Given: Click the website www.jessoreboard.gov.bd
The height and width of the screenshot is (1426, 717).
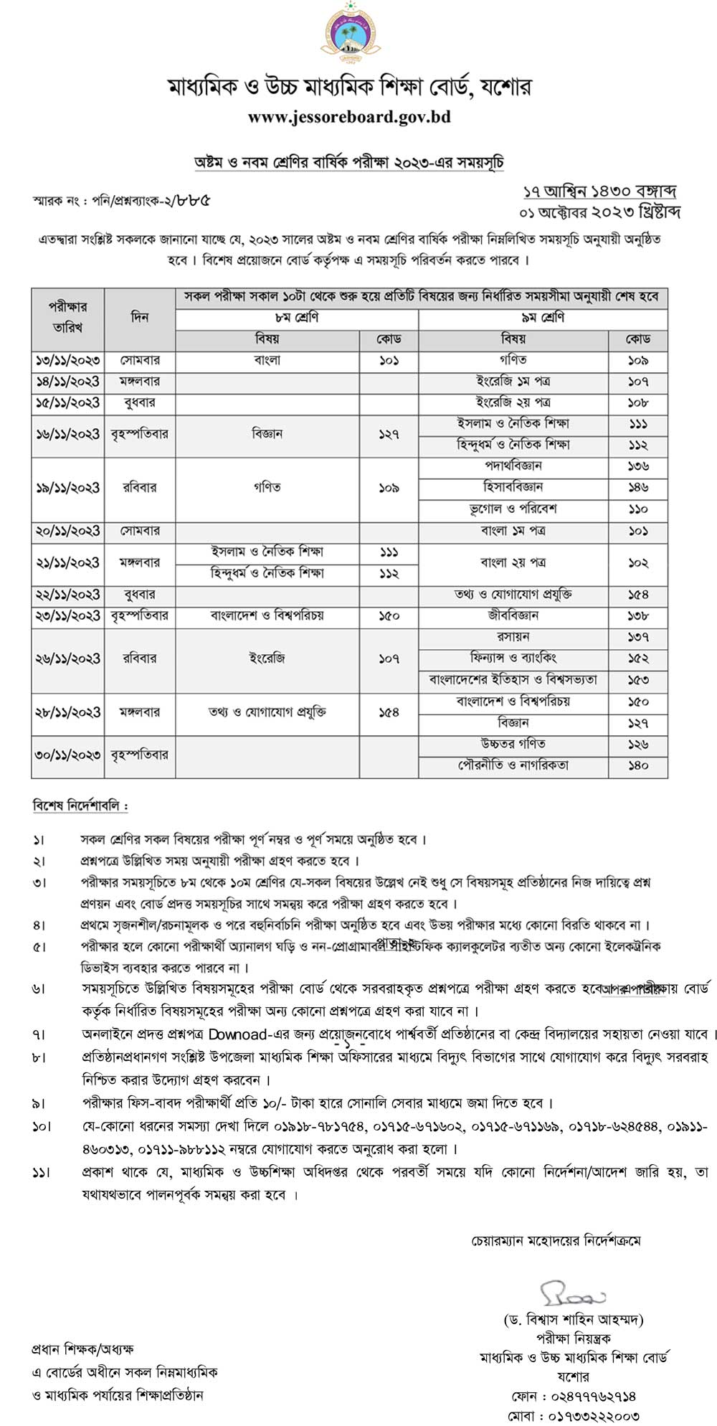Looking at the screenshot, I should tap(349, 116).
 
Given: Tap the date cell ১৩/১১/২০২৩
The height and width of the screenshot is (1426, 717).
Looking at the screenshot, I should tap(68, 360).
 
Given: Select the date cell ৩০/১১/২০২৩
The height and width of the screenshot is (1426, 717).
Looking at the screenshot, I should tap(68, 755).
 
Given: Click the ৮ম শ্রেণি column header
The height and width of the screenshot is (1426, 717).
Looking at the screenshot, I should tap(297, 318).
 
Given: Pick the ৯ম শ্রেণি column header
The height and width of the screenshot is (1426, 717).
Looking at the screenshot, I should tap(543, 318).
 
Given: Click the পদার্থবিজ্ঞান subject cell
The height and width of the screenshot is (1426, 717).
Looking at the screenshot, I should tap(513, 466).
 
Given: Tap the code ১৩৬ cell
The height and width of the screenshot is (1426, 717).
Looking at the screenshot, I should tap(638, 466).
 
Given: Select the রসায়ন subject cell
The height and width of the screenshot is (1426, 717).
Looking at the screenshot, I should tap(513, 637).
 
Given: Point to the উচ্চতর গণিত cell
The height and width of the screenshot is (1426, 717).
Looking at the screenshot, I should tap(513, 744).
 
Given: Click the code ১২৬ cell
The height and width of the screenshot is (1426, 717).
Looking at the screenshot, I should tap(638, 745).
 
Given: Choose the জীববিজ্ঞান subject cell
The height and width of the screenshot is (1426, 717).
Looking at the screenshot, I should tap(513, 615).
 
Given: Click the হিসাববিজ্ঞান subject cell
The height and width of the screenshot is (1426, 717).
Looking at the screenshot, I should tap(513, 487).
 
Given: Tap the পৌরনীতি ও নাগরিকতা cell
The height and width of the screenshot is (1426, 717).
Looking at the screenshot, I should tap(513, 765).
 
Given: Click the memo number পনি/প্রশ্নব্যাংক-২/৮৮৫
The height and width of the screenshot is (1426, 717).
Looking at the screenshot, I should tap(151, 200).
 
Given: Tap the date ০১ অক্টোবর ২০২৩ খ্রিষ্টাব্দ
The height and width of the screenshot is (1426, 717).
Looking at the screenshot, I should tap(599, 212).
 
